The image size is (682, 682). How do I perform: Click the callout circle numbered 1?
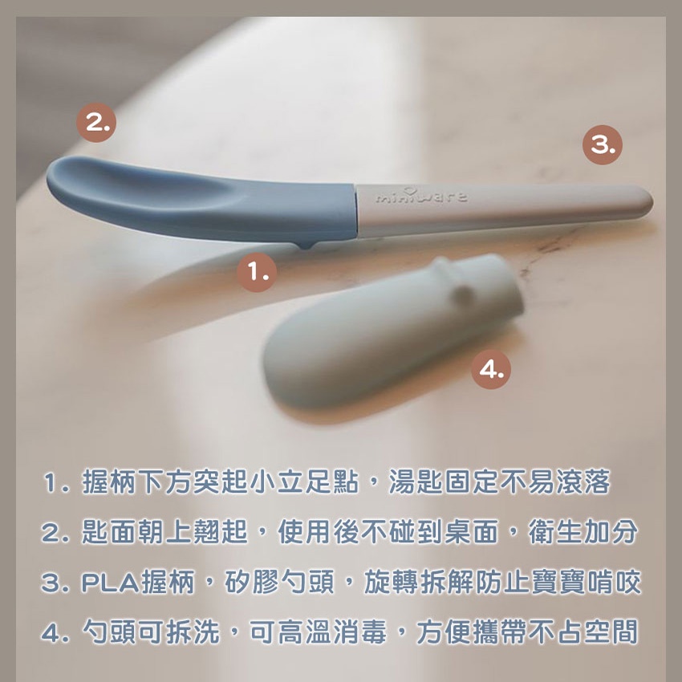[x=257, y=272]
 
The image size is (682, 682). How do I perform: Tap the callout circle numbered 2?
[x=96, y=123]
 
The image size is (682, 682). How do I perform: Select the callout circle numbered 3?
[x=603, y=145]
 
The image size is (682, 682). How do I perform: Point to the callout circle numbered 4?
[x=491, y=369]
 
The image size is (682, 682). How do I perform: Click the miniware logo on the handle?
[x=421, y=196]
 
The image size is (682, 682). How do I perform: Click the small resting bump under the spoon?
[x=307, y=245]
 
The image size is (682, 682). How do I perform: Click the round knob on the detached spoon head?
[x=464, y=296]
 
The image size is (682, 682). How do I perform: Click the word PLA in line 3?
[x=110, y=583]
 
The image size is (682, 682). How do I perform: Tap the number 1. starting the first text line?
[x=56, y=482]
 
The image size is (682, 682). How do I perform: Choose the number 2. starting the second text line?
[x=55, y=533]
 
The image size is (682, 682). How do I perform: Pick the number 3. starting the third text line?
[x=55, y=583]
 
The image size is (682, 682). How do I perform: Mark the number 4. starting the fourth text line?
[x=55, y=632]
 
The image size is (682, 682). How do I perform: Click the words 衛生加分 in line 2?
[x=583, y=532]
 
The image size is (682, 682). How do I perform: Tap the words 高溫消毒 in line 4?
[x=332, y=632]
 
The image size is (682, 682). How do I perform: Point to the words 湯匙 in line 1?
[x=416, y=482]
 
